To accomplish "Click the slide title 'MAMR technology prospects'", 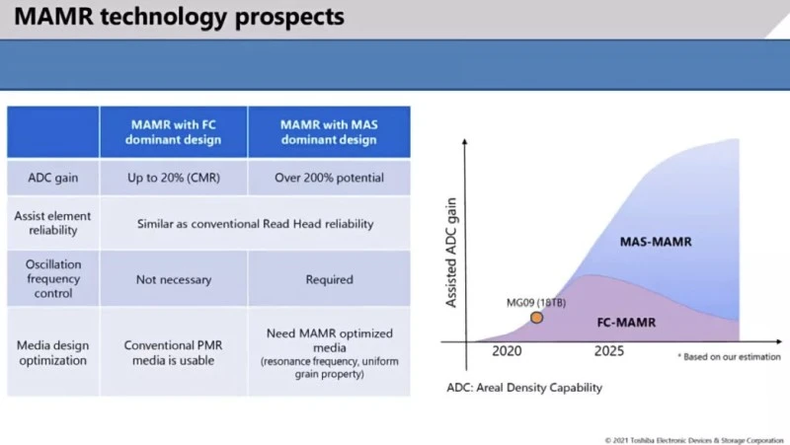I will pyautogui.click(x=179, y=18).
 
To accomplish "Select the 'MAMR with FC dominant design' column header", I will pyautogui.click(x=174, y=132).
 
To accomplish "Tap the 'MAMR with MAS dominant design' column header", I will pyautogui.click(x=329, y=132).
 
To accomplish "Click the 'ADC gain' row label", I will pyautogui.click(x=53, y=178).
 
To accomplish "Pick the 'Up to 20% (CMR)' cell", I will pyautogui.click(x=174, y=178).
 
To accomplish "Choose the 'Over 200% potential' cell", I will pyautogui.click(x=329, y=178).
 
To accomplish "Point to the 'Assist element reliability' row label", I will pyautogui.click(x=53, y=223).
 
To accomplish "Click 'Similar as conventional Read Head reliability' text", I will pyautogui.click(x=255, y=224).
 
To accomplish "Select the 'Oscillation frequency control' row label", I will pyautogui.click(x=53, y=278).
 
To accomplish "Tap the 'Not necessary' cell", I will pyautogui.click(x=174, y=279).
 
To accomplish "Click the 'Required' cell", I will pyautogui.click(x=329, y=279).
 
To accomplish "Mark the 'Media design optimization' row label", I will pyautogui.click(x=53, y=352).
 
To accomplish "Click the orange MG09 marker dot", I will pyautogui.click(x=536, y=318).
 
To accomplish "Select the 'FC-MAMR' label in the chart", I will pyautogui.click(x=628, y=322).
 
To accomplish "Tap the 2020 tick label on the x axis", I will pyautogui.click(x=506, y=351).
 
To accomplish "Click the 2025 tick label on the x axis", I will pyautogui.click(x=609, y=351).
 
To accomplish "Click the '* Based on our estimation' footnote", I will pyautogui.click(x=729, y=355).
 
